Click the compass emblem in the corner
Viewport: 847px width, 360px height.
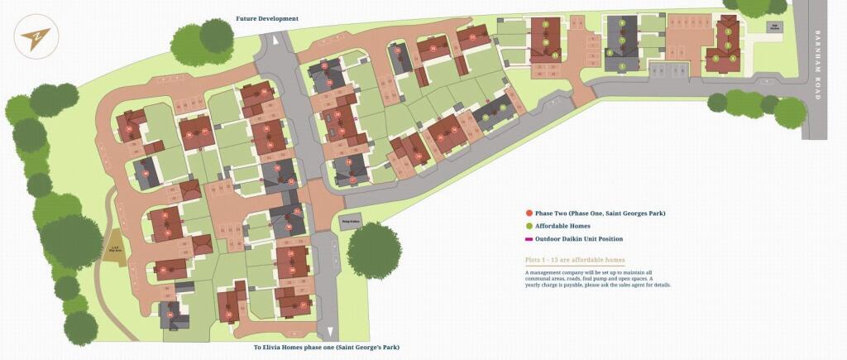(x=35, y=38)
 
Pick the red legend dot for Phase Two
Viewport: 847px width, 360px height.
(x=529, y=214)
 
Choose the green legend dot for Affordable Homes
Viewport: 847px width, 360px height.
(x=529, y=226)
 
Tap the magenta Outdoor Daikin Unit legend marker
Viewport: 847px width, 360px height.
(x=529, y=239)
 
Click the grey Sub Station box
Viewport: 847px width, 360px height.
(x=776, y=26)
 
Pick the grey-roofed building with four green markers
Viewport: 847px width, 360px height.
(x=621, y=43)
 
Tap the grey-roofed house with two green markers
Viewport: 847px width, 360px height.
(x=493, y=114)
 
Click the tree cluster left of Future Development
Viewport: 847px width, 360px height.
(x=203, y=43)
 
